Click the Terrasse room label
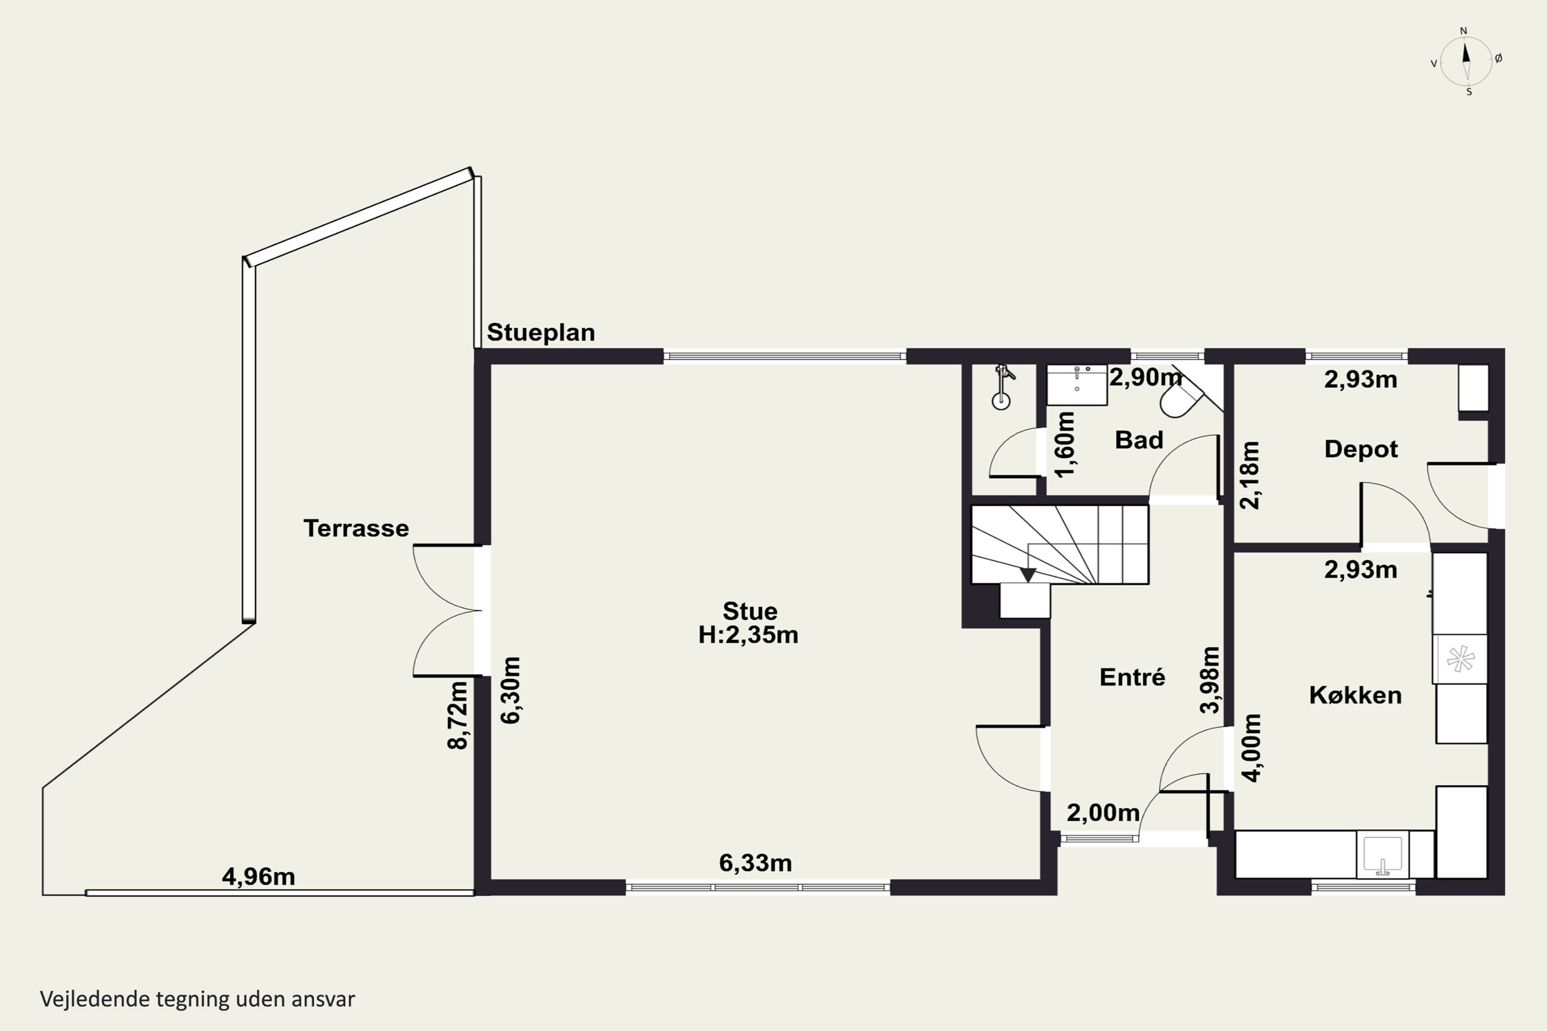pyautogui.click(x=356, y=528)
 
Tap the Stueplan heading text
pyautogui.click(x=540, y=332)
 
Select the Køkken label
pyautogui.click(x=1355, y=694)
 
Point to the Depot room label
pyautogui.click(x=1361, y=449)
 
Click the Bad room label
pyautogui.click(x=1139, y=440)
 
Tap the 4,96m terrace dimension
pyautogui.click(x=258, y=876)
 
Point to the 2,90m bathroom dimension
pyautogui.click(x=1145, y=377)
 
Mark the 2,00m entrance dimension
pyautogui.click(x=1103, y=813)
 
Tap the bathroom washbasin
pyautogui.click(x=1077, y=385)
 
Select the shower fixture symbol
pyautogui.click(x=1002, y=387)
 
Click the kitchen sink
pyautogui.click(x=1383, y=855)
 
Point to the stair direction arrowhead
pyautogui.click(x=1027, y=575)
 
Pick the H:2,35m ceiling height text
pyautogui.click(x=749, y=635)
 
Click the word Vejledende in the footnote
pyautogui.click(x=95, y=1000)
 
